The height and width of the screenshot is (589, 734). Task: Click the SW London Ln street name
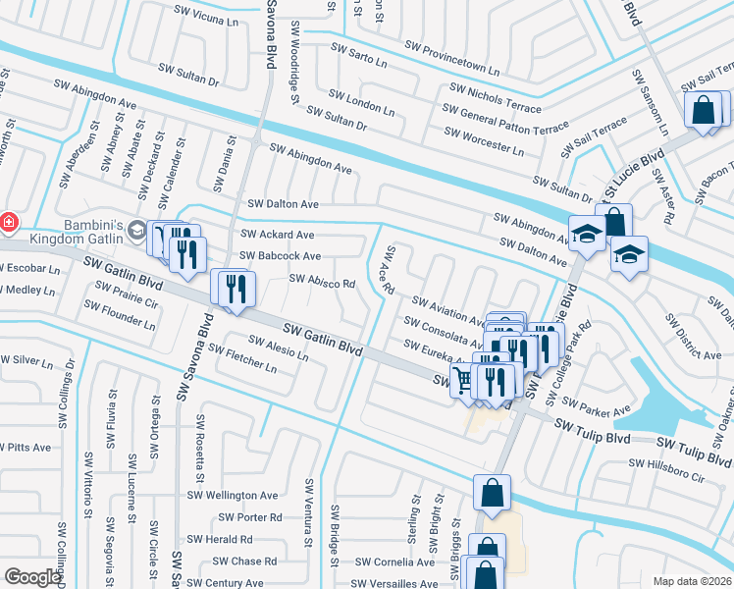362,103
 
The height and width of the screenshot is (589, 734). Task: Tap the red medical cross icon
8,223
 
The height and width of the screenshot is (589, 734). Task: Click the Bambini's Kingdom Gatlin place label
65,232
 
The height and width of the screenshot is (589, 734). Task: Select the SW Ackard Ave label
277,235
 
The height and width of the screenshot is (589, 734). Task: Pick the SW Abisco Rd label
321,282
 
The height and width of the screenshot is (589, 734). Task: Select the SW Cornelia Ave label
394,562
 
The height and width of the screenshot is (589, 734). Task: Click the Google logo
32,577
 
